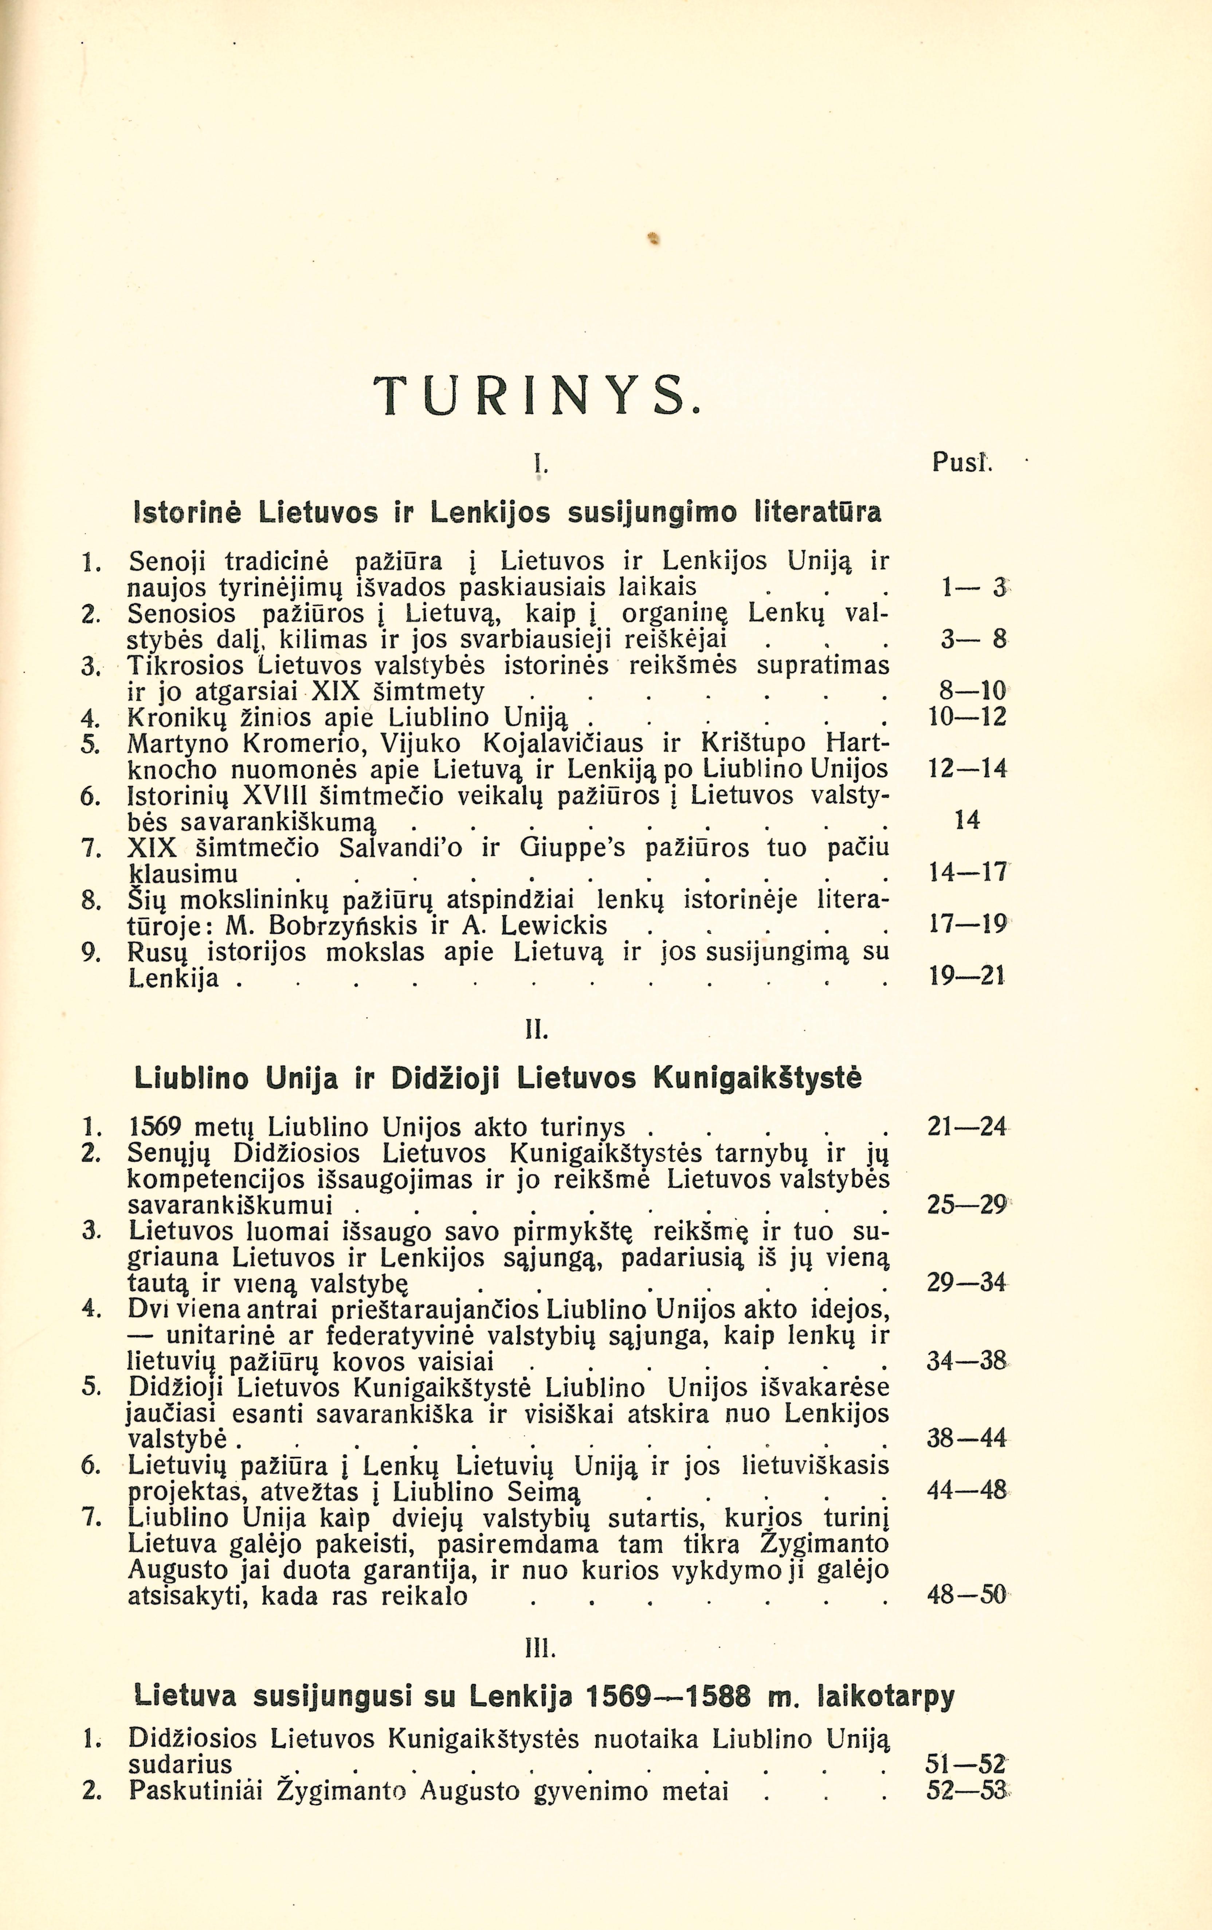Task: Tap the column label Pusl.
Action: pos(962,462)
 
